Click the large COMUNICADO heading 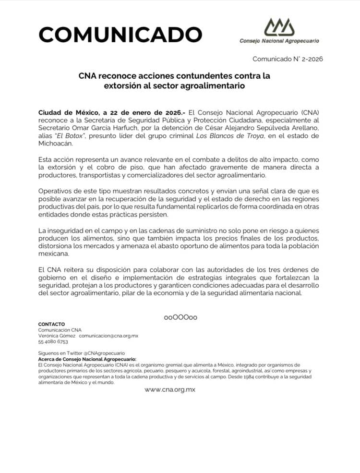[120, 35]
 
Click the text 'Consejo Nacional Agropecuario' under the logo [279, 41]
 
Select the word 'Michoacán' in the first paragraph [56, 144]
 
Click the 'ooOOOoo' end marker [180, 317]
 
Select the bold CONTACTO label [51, 324]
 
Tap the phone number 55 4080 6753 [53, 342]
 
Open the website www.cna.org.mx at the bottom [170, 389]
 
